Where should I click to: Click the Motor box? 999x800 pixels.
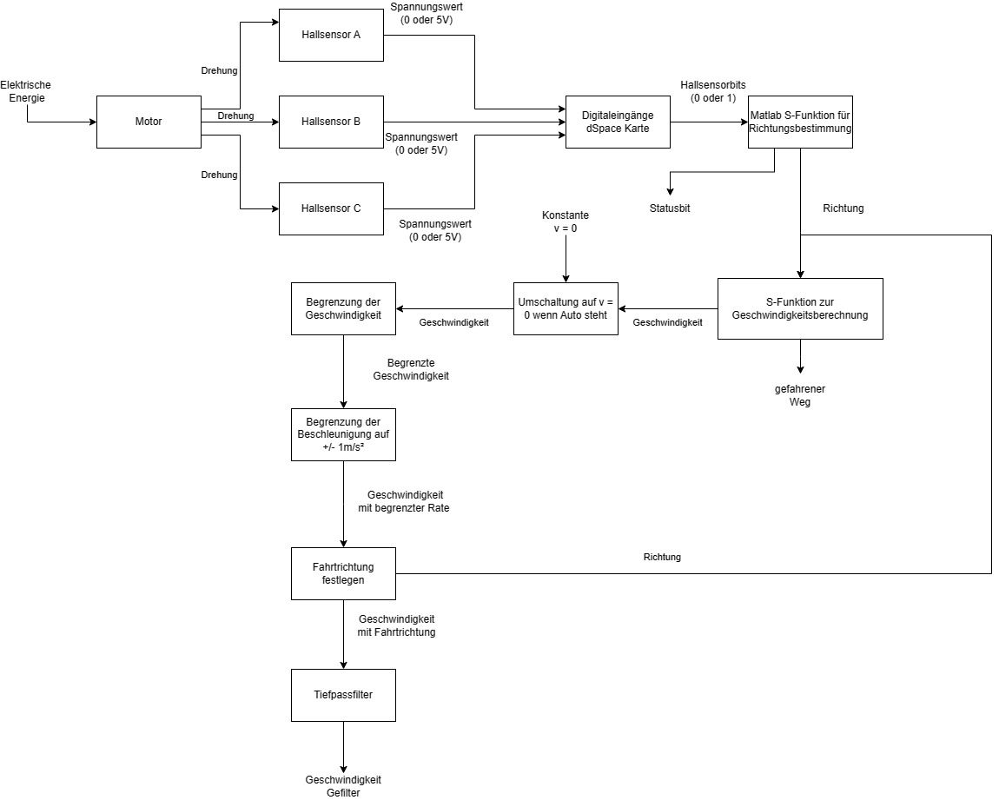click(149, 122)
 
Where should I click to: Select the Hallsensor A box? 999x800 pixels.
click(331, 35)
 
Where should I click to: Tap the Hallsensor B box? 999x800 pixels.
click(331, 122)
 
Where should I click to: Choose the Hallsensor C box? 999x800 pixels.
click(331, 208)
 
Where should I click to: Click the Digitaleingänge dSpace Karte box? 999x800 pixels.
click(618, 122)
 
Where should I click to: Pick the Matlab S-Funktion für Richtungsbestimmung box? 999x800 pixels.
click(800, 122)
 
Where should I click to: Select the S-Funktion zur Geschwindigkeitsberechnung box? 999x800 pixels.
click(800, 308)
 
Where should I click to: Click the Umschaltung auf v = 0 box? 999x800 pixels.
click(566, 308)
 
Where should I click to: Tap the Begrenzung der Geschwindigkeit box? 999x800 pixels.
click(344, 308)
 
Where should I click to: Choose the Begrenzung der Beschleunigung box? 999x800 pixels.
click(344, 434)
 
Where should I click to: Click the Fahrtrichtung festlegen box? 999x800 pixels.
click(344, 573)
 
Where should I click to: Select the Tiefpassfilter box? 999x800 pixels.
click(344, 695)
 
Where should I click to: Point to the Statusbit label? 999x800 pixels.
click(671, 208)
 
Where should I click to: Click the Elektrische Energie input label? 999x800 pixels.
click(25, 91)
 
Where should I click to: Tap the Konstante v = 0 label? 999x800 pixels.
click(566, 221)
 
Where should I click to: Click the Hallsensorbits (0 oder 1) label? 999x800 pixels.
click(713, 91)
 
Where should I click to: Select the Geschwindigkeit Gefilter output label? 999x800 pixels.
click(343, 786)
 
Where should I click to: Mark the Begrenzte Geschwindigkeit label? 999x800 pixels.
click(411, 370)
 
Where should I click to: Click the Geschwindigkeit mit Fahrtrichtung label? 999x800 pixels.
click(396, 625)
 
